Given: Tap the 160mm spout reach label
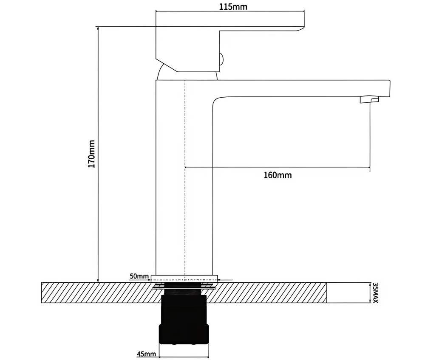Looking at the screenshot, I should [278, 175].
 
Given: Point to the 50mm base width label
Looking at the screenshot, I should [139, 276].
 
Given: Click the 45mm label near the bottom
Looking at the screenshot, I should [147, 354].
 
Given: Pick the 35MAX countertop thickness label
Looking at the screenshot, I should [375, 293].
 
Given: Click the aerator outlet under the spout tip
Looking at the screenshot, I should [368, 100].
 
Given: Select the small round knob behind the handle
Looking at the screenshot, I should [221, 59].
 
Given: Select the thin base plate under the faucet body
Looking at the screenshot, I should [184, 278].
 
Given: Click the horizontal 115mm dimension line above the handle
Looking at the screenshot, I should [191, 12].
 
